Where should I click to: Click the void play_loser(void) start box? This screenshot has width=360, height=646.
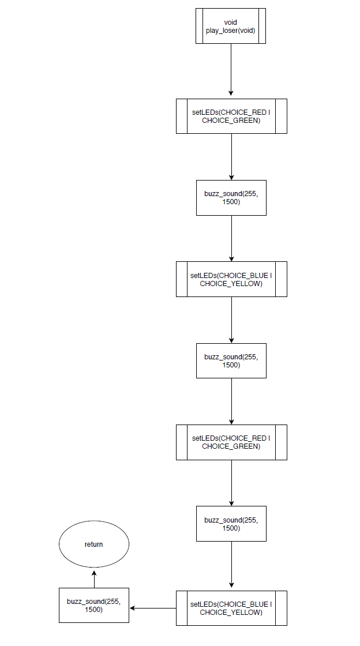point(231,26)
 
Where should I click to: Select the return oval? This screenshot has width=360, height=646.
point(93,544)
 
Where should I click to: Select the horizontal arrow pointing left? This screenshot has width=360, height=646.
point(153,608)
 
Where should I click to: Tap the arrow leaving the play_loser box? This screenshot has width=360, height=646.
point(231,69)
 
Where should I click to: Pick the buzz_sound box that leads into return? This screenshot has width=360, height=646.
point(93,606)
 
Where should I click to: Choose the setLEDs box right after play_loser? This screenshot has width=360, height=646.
point(231,117)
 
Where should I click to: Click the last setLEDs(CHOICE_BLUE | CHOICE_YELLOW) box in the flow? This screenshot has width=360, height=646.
point(231,608)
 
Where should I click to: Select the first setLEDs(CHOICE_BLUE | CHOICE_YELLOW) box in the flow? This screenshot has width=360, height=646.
point(231,279)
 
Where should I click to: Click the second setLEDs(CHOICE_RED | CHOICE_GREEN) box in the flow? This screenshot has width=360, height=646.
point(231,442)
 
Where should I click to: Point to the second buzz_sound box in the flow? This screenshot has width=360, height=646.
point(231,361)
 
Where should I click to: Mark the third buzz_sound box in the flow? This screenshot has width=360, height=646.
point(231,524)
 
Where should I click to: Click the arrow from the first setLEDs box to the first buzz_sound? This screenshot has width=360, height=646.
point(231,157)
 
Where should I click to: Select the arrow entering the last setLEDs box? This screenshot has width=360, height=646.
point(231,565)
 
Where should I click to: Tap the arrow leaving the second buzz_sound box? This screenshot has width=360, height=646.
point(231,401)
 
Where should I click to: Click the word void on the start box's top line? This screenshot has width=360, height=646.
point(231,22)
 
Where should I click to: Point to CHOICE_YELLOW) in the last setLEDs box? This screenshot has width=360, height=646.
point(231,613)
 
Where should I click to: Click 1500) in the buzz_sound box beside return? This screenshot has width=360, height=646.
point(93,610)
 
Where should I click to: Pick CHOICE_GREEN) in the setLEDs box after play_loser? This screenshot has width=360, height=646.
point(231,121)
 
